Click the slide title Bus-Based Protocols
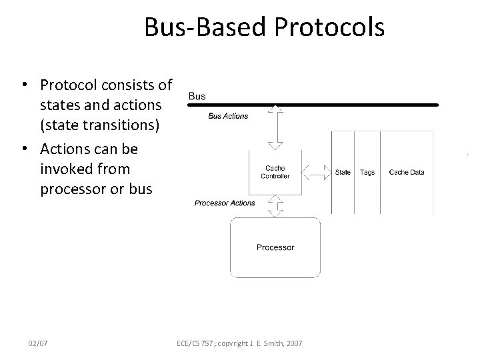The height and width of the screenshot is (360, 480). point(264,27)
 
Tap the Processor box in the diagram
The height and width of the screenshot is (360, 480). point(275,247)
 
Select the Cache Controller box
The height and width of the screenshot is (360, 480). point(275,172)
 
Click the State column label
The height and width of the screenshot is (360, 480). point(343,172)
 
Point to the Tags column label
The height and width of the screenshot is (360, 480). point(367,172)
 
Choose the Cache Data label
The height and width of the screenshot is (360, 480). point(406,172)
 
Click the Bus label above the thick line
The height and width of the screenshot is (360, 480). point(197,96)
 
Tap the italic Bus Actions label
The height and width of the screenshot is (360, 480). point(228,116)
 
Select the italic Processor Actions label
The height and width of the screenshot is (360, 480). point(225,203)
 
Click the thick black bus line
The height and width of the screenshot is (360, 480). point(313,105)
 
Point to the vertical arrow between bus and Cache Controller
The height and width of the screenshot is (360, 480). point(275,127)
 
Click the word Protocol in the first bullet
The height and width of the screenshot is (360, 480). point(69,85)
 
